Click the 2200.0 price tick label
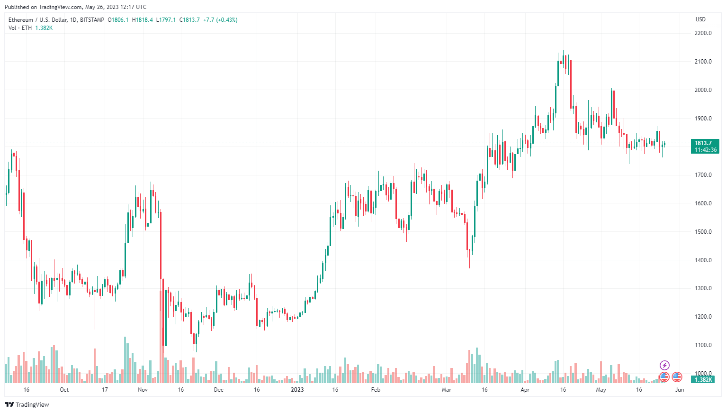click(x=703, y=33)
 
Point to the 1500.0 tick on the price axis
click(x=703, y=232)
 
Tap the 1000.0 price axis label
click(x=703, y=374)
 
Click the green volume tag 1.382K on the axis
click(x=703, y=380)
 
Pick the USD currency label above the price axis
click(x=700, y=19)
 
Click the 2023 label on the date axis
click(x=297, y=390)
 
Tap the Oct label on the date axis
click(x=64, y=390)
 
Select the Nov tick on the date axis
click(x=143, y=390)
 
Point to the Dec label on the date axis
click(x=218, y=390)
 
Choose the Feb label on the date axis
click(x=376, y=390)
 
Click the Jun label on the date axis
click(x=679, y=390)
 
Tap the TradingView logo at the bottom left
click(x=27, y=404)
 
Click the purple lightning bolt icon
click(x=664, y=365)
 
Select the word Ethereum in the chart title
click(x=21, y=20)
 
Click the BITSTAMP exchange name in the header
click(x=92, y=20)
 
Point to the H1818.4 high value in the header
click(x=142, y=20)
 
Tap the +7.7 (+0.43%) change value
click(x=220, y=20)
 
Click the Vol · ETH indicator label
click(x=20, y=28)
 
